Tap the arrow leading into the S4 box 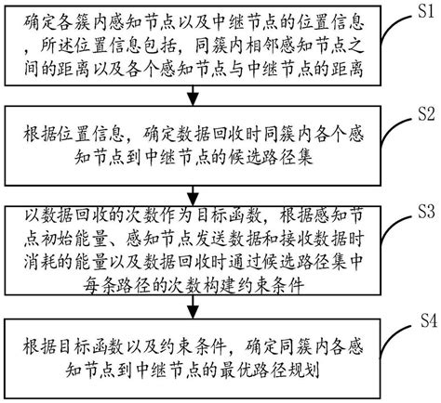point(192,310)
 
